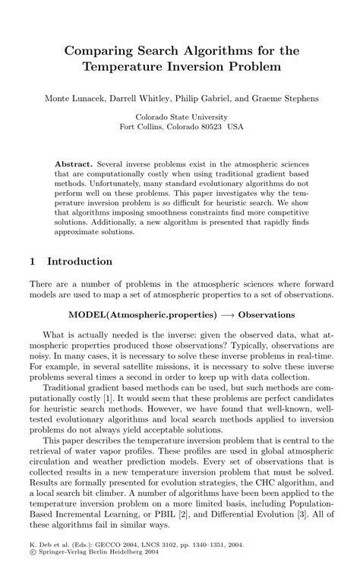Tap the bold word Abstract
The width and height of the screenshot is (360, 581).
coord(74,164)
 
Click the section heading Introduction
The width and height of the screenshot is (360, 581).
coord(80,261)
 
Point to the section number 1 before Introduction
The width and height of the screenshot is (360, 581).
coord(32,261)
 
